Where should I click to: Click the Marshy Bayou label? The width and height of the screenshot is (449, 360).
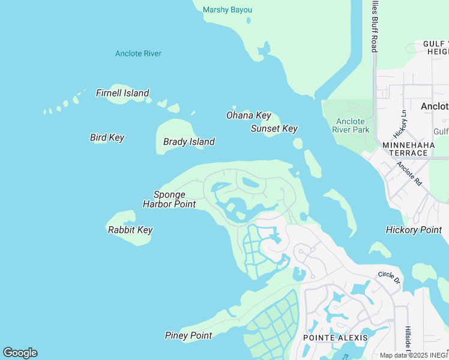click(227, 10)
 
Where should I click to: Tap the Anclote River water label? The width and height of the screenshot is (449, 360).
click(138, 53)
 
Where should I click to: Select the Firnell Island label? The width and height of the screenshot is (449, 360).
click(122, 93)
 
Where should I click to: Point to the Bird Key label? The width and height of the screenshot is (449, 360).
click(107, 137)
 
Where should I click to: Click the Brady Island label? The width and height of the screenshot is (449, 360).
click(188, 142)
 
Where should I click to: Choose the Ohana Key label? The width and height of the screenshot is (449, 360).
click(249, 115)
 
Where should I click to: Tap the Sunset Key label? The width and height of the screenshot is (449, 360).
click(274, 128)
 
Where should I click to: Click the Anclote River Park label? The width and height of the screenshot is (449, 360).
click(351, 125)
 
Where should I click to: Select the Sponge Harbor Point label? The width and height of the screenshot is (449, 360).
click(169, 199)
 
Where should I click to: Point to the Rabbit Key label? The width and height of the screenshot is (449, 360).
click(130, 230)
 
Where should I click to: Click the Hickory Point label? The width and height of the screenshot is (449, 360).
click(414, 230)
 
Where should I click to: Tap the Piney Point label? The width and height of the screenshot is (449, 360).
click(188, 335)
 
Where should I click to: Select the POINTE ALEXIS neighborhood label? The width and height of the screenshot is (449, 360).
click(335, 338)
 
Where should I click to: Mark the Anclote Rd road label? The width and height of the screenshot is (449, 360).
click(410, 173)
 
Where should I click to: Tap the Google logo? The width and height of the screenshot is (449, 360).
click(20, 353)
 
